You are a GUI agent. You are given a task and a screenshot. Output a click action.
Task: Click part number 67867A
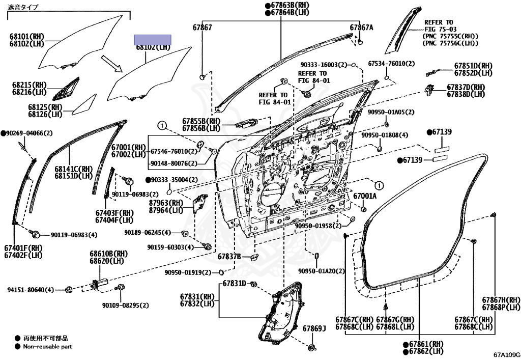(361, 27)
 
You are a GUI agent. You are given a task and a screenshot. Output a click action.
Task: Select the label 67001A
(365, 196)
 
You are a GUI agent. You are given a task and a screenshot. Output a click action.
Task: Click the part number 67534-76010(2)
(391, 64)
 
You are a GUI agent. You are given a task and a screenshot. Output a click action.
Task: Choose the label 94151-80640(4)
(31, 290)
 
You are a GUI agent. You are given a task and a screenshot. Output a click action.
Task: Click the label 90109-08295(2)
(125, 306)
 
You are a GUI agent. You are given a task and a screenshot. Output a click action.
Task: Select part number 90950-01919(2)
(188, 272)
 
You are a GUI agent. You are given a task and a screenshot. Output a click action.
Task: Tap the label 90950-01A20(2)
(322, 271)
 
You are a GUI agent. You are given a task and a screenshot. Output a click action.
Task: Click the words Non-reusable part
(47, 347)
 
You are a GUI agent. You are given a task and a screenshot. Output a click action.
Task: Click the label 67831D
(234, 283)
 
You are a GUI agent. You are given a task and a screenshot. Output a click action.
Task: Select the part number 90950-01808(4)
(385, 135)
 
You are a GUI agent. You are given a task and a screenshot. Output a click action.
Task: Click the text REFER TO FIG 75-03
(438, 26)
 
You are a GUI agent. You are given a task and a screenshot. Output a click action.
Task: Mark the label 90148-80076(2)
(174, 163)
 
